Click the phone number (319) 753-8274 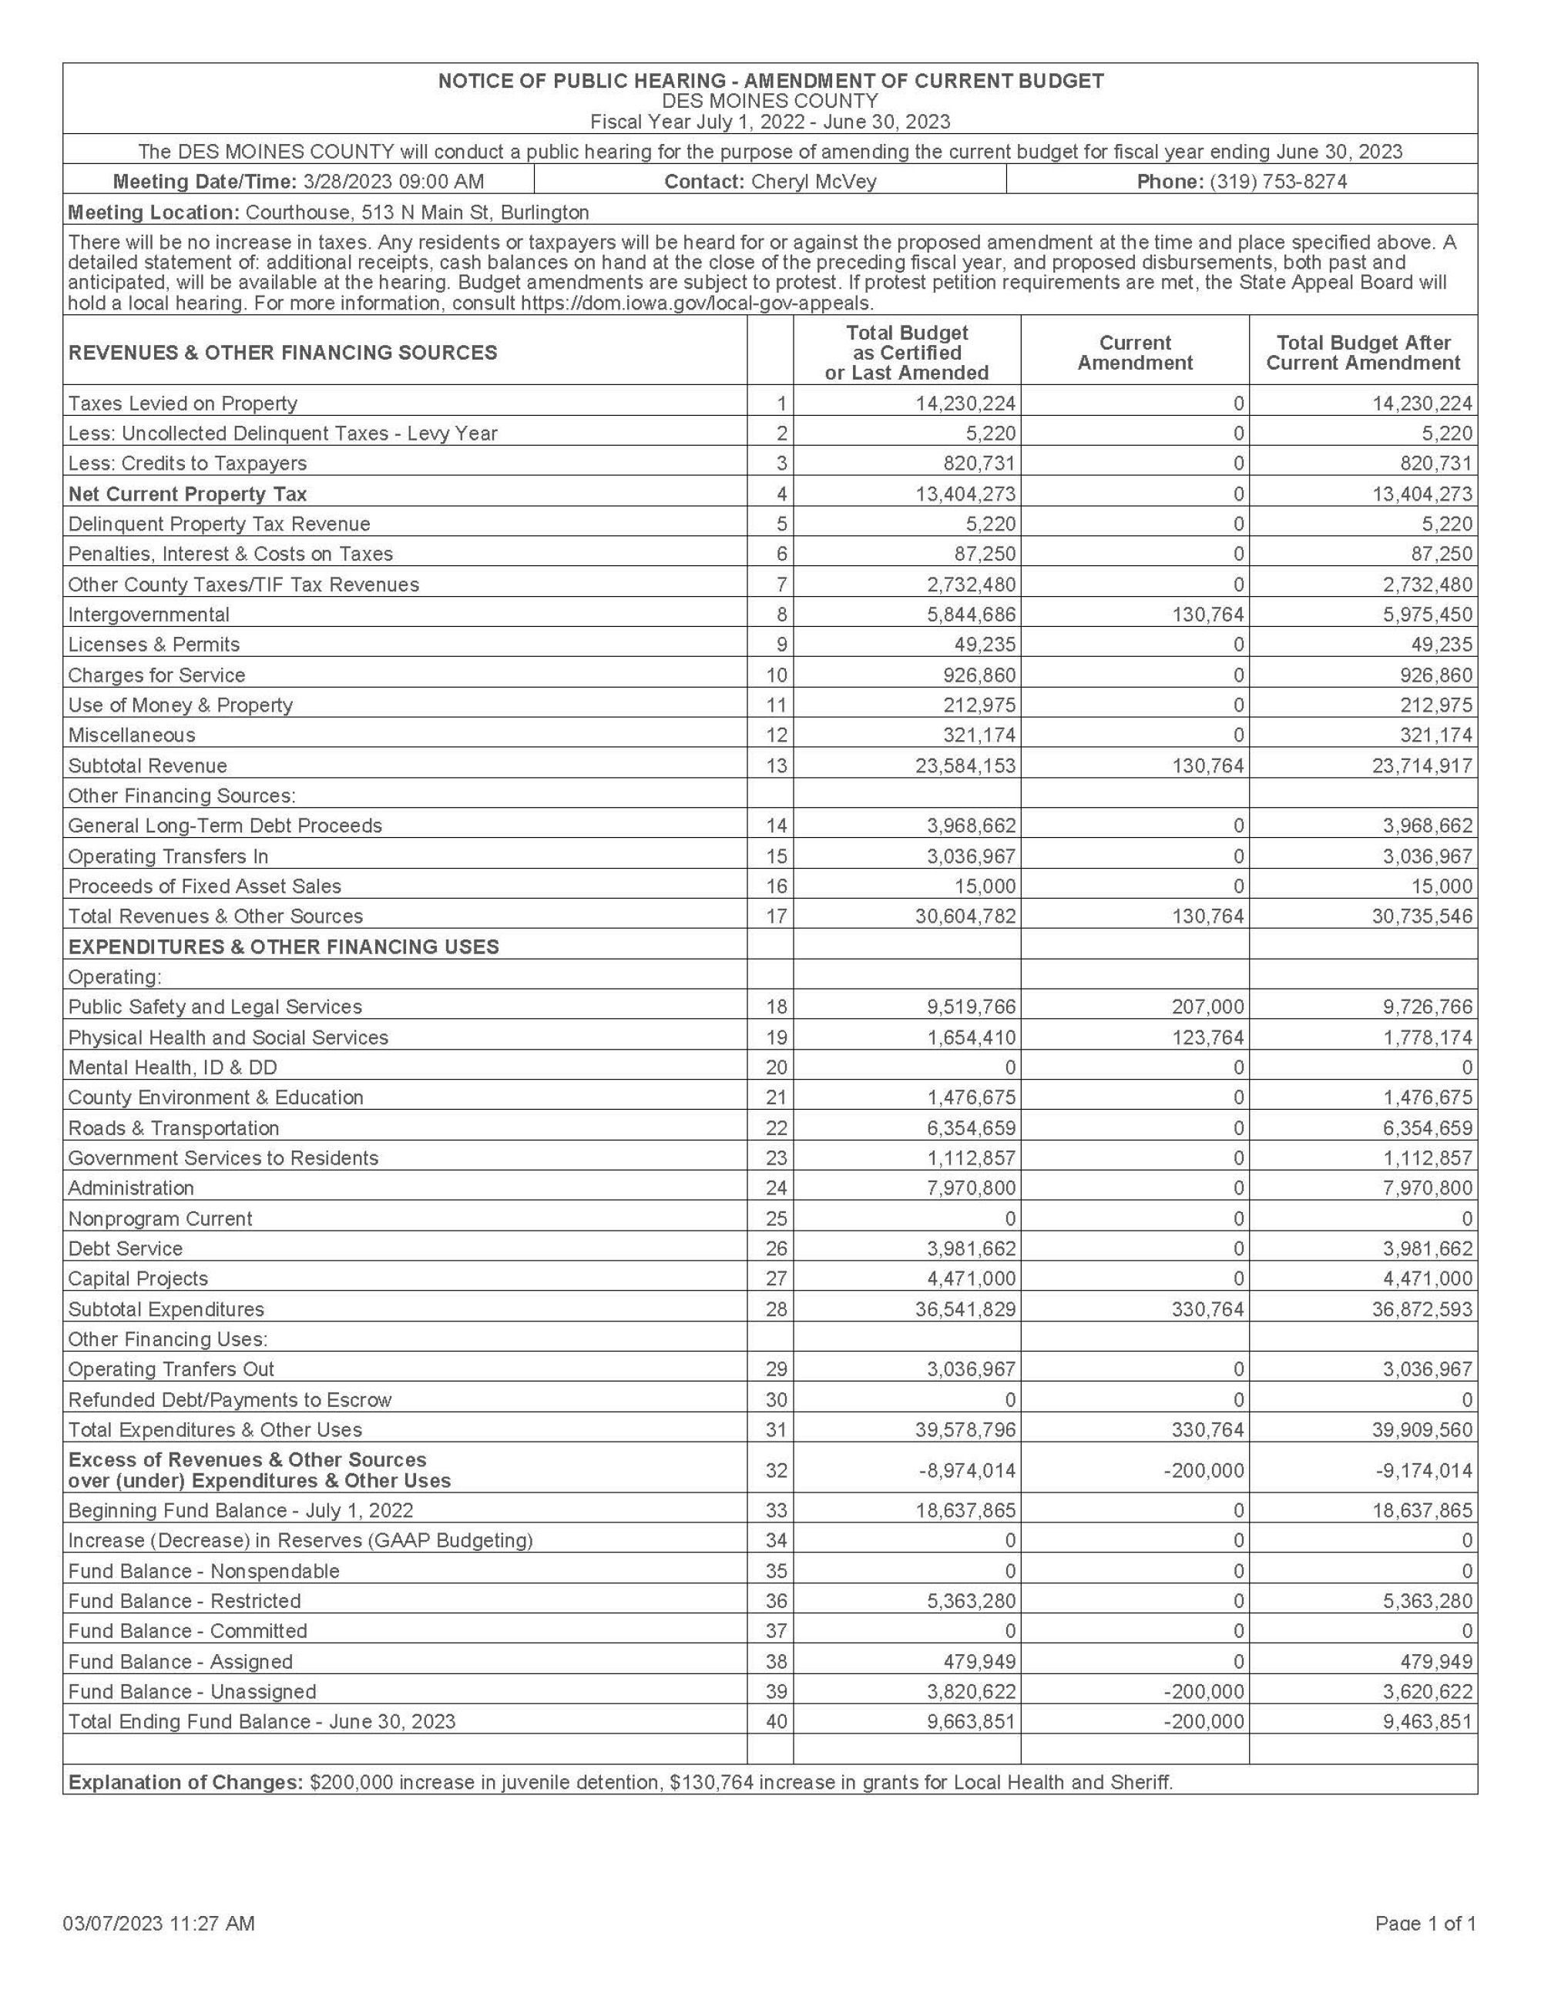click(x=1278, y=182)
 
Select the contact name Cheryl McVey click(x=814, y=182)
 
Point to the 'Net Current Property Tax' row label click(x=187, y=494)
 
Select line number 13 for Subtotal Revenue click(x=776, y=765)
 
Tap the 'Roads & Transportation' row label click(x=173, y=1128)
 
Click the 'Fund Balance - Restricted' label click(x=184, y=1600)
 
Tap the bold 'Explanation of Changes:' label click(x=186, y=1782)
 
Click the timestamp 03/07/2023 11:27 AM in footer click(x=159, y=1924)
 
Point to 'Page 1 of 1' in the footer click(x=1425, y=1924)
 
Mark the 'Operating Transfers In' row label click(x=168, y=856)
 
